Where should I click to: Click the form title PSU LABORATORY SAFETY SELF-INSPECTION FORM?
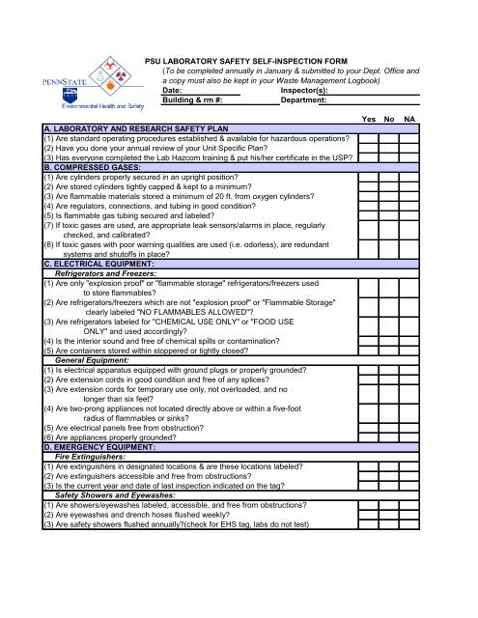tap(272, 60)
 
